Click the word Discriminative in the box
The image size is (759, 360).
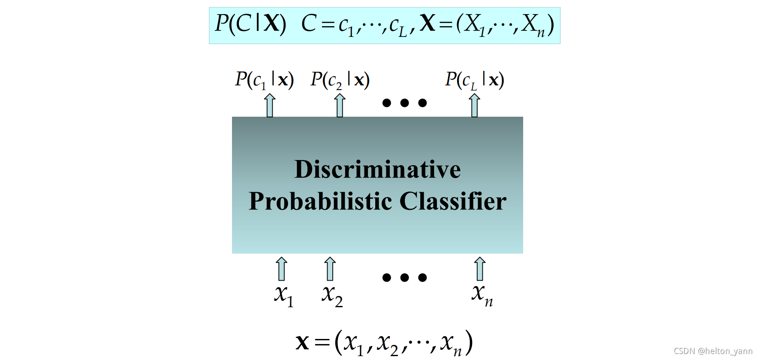point(377,169)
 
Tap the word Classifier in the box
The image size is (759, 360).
point(453,201)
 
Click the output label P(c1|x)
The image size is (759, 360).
point(264,80)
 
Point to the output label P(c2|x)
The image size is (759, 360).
point(340,80)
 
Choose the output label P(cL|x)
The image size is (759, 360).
point(474,80)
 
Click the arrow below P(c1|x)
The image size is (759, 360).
point(270,106)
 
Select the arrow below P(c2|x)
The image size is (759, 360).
point(340,106)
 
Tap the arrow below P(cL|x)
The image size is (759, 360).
point(474,106)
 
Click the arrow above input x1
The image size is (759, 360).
point(281,269)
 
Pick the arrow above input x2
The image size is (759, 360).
point(330,269)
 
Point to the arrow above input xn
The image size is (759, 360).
point(480,269)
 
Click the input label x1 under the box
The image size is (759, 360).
point(284,295)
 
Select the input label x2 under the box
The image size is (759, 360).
point(332,295)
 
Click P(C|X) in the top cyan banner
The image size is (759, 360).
point(250,24)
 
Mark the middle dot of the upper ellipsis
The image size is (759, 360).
point(404,103)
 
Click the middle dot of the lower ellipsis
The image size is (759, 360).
point(404,278)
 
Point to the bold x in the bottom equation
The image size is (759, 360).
point(302,342)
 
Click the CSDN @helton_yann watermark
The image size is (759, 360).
point(713,351)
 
